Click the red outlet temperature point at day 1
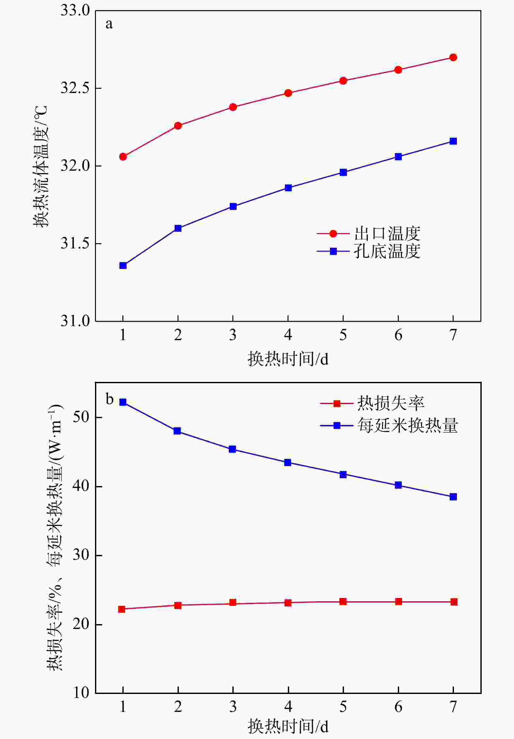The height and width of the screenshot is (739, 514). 123,157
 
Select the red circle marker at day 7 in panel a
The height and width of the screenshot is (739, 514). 453,57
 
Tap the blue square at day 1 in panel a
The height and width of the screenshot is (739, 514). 123,265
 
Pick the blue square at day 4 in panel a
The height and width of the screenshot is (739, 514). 288,188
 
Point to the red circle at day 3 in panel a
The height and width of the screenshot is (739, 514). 233,107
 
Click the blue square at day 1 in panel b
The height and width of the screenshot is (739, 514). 123,402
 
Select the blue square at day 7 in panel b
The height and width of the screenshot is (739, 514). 453,497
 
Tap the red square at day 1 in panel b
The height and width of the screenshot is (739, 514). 122,609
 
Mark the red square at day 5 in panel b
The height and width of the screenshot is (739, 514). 343,602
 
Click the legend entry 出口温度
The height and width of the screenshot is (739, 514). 387,234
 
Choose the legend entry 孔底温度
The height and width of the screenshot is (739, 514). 387,251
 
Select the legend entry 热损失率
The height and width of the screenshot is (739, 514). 390,403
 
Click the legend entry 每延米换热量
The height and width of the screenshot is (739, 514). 407,426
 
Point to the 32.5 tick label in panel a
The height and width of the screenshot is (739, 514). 75,88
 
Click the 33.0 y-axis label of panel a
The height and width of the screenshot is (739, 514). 75,11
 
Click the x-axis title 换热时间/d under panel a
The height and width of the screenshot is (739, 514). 288,359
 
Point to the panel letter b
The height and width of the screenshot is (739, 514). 109,399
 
